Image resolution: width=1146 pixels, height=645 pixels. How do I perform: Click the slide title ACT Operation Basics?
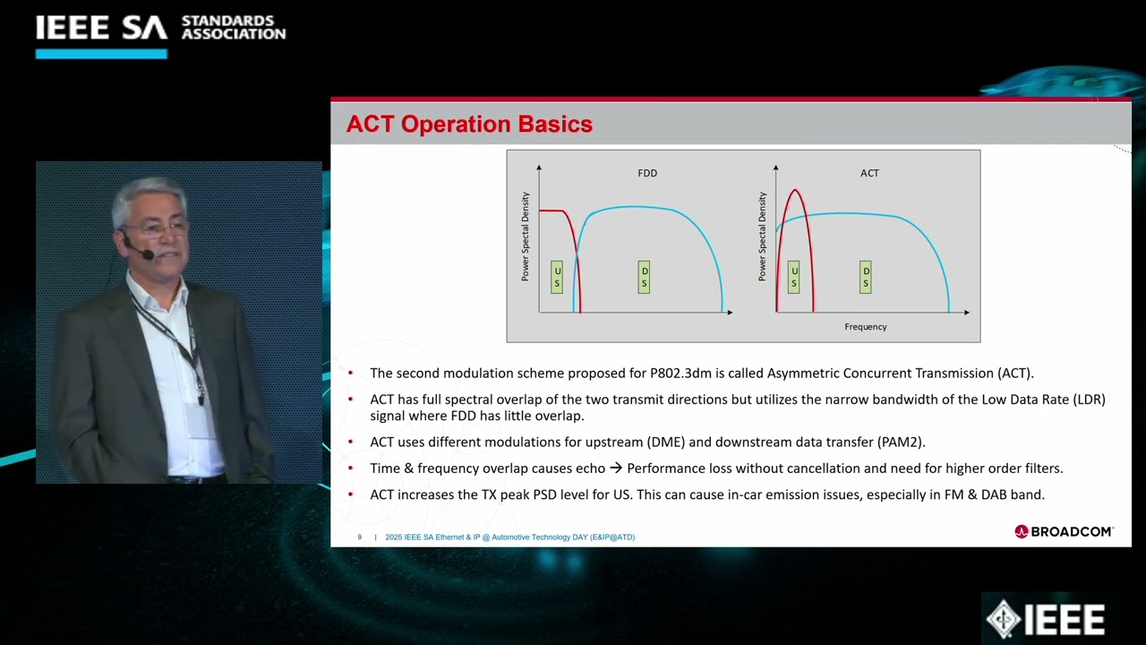coord(469,125)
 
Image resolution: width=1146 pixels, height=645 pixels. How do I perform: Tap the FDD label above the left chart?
coord(646,173)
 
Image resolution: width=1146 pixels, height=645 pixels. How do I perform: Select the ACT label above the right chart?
coord(869,173)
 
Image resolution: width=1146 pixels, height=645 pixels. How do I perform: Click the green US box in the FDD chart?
coord(557,277)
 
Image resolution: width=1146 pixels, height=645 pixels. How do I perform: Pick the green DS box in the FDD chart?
coord(644,277)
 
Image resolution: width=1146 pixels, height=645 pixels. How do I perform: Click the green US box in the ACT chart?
coord(793,277)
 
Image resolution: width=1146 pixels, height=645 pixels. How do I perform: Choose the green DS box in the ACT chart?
coord(865,277)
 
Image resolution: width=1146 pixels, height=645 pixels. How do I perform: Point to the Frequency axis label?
coord(865,327)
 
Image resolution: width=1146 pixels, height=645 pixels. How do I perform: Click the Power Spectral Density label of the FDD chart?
coord(526,236)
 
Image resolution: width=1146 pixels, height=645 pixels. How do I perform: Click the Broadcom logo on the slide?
coord(1064,531)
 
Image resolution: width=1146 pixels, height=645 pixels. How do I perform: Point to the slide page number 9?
coord(359,537)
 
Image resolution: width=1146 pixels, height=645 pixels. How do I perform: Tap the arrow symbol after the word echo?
coord(616,469)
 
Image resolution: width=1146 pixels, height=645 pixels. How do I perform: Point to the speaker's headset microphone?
coord(146,255)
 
